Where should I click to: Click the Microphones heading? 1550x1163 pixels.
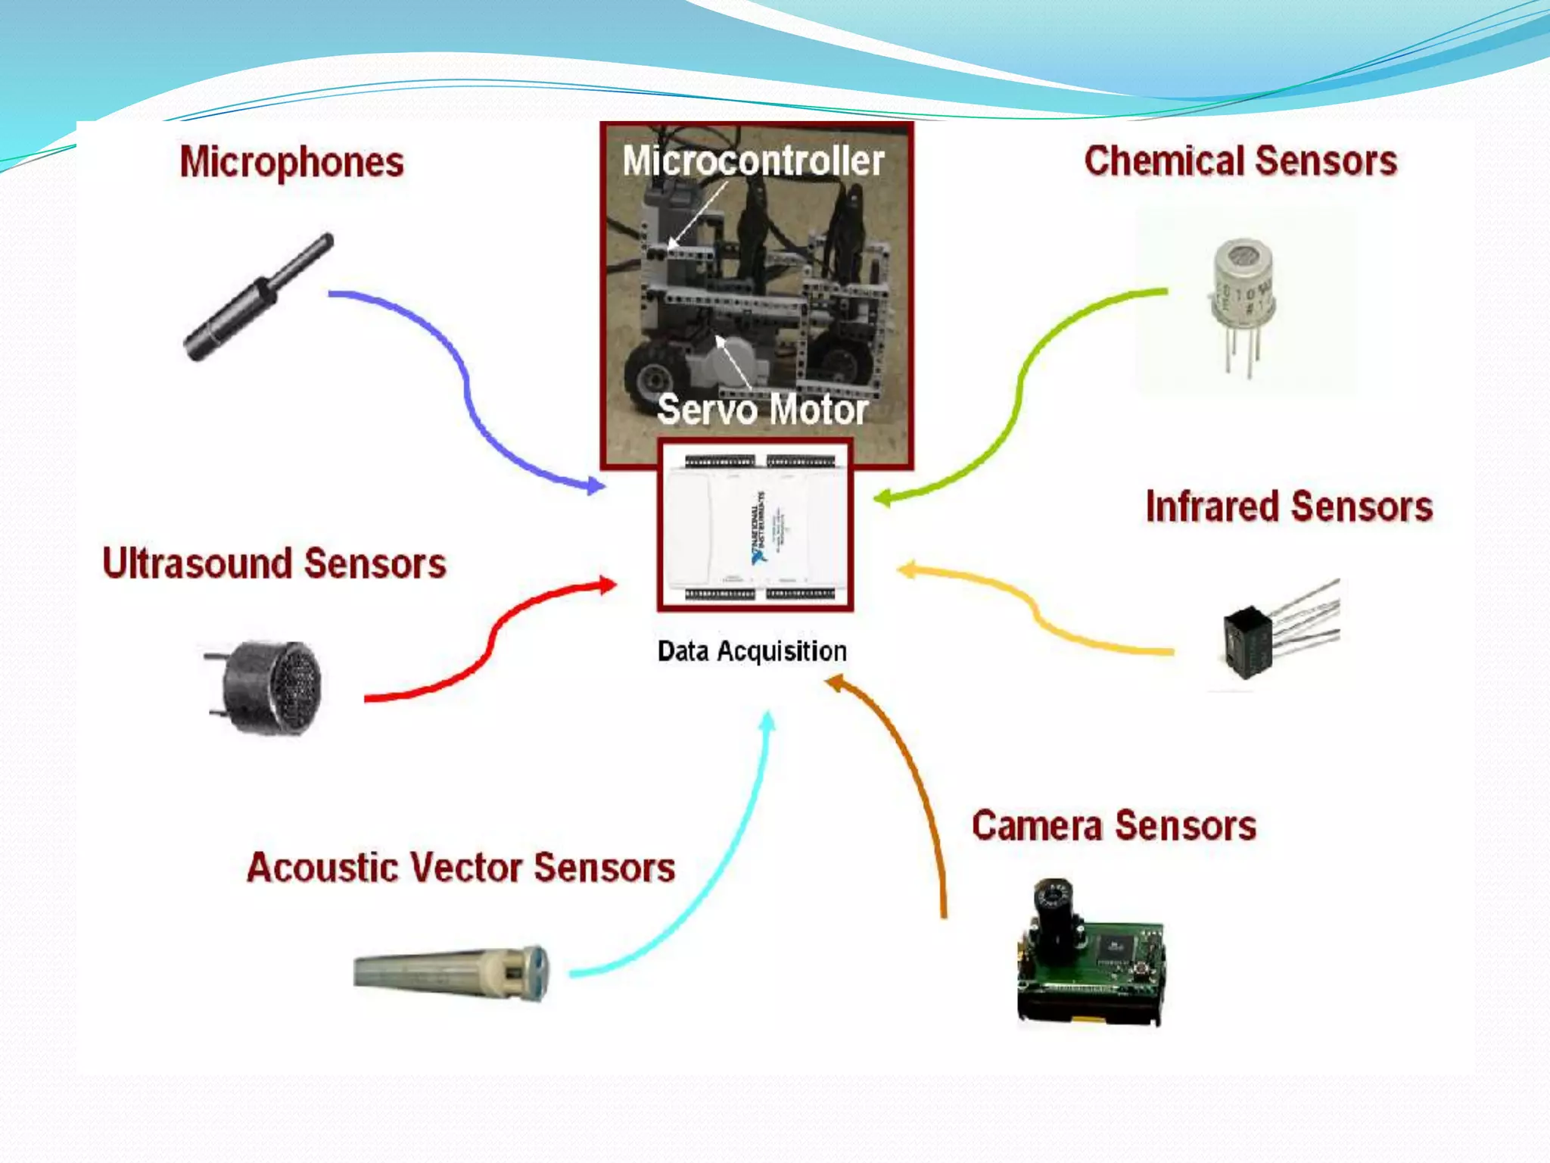[x=291, y=162]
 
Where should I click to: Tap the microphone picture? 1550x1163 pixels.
[x=257, y=298]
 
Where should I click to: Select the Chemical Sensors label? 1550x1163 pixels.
[x=1240, y=161]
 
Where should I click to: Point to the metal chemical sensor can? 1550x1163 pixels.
[x=1243, y=292]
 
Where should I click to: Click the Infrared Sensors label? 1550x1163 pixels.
[x=1289, y=506]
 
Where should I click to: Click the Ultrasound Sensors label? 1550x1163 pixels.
[x=274, y=563]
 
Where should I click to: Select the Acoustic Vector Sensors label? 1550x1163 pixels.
[x=460, y=868]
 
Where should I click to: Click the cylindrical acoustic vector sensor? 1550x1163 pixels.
[x=451, y=973]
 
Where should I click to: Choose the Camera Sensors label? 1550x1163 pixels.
[x=1113, y=825]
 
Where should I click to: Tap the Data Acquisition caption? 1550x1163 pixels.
[x=752, y=651]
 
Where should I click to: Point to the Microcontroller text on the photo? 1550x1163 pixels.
[x=753, y=161]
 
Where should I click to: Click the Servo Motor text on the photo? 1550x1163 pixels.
[x=762, y=409]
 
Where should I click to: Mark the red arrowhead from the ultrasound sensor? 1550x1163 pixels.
[x=607, y=585]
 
